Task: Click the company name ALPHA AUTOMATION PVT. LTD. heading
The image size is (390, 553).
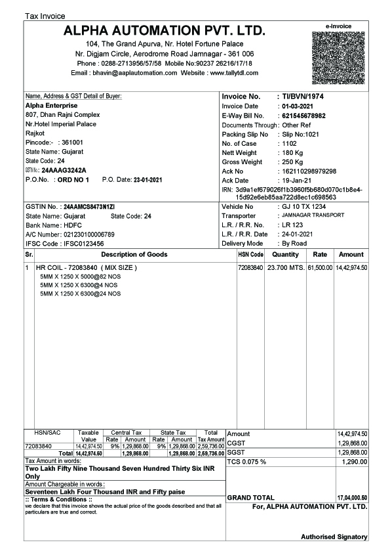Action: [x=165, y=31]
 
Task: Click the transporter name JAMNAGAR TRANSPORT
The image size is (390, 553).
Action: [x=309, y=215]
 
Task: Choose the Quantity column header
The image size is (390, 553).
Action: [x=285, y=254]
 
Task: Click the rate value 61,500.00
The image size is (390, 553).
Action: [x=320, y=268]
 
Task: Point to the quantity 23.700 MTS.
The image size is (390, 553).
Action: [x=285, y=268]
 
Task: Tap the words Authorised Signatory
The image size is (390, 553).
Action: [x=334, y=537]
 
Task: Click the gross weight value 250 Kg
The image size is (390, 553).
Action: [x=292, y=162]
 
